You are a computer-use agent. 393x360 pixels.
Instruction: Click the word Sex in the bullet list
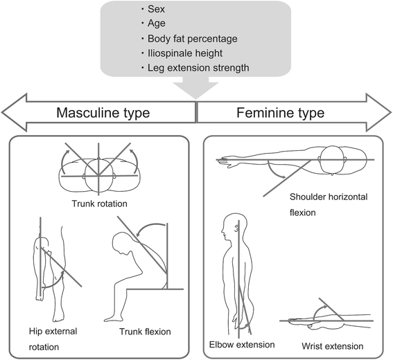click(x=156, y=9)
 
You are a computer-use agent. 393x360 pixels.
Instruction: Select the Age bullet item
click(x=157, y=24)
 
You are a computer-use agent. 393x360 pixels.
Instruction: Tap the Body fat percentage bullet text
click(x=192, y=39)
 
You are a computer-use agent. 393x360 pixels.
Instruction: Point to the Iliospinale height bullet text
click(x=185, y=53)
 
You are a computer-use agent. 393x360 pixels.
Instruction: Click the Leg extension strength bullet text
click(x=198, y=68)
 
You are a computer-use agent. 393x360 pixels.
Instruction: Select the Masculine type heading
click(x=103, y=113)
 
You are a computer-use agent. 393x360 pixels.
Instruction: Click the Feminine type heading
click(x=281, y=113)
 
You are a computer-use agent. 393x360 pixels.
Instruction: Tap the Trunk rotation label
click(x=100, y=204)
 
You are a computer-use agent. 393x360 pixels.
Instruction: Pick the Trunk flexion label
click(x=145, y=332)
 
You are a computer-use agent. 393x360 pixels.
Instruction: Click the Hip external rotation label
click(x=53, y=339)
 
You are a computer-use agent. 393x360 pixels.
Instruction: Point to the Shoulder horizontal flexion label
click(x=329, y=205)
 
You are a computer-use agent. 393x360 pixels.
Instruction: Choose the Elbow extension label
click(x=242, y=345)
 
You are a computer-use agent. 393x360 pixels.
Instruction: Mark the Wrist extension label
click(x=332, y=346)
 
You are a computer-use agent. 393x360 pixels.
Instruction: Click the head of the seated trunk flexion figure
click(x=122, y=243)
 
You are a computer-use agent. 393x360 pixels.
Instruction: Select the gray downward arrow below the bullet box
click(x=196, y=88)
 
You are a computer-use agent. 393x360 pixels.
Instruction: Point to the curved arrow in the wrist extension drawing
click(x=320, y=312)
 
